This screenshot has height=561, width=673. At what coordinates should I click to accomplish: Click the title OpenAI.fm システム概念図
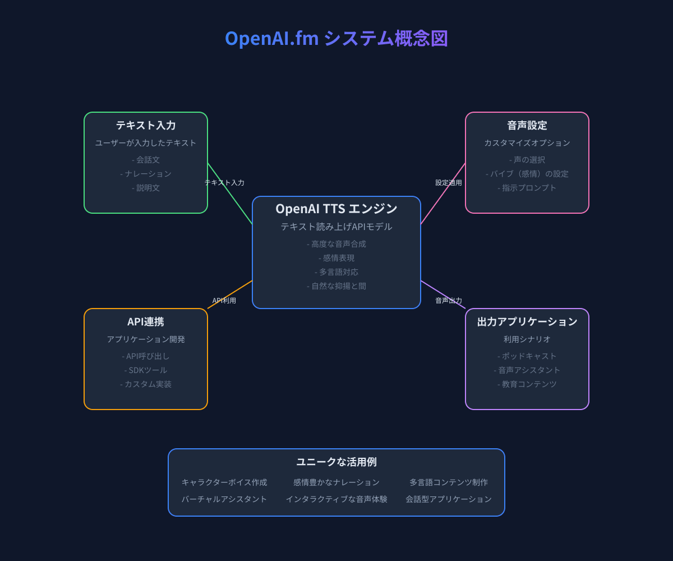click(x=336, y=39)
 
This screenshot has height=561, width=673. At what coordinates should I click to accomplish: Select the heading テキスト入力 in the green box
click(x=146, y=126)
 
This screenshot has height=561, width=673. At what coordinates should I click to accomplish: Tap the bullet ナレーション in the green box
click(x=146, y=174)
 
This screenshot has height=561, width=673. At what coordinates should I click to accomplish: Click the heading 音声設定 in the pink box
click(x=527, y=126)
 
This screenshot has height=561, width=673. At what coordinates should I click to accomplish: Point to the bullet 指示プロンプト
click(x=527, y=188)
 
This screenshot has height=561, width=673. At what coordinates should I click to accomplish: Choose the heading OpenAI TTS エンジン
click(x=336, y=209)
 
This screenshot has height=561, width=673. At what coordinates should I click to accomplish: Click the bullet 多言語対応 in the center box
click(x=336, y=272)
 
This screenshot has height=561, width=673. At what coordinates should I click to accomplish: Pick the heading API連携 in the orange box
click(x=146, y=322)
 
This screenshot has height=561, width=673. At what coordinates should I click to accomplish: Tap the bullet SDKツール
click(x=146, y=370)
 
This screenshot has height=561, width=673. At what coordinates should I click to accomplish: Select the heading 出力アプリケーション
click(x=527, y=322)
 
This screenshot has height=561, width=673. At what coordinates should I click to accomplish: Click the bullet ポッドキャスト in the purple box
click(x=527, y=356)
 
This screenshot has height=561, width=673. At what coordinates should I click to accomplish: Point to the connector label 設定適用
click(x=449, y=183)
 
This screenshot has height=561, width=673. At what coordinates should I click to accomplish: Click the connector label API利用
click(x=224, y=301)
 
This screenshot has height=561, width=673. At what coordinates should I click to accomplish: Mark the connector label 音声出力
click(x=449, y=301)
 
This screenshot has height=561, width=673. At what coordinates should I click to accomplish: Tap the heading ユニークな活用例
click(x=336, y=462)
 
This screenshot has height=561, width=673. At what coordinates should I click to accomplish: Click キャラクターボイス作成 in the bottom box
click(x=224, y=482)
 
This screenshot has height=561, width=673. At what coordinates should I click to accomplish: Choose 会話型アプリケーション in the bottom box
click(x=449, y=499)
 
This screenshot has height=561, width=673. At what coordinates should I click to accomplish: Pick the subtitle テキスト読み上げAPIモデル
click(x=336, y=227)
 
